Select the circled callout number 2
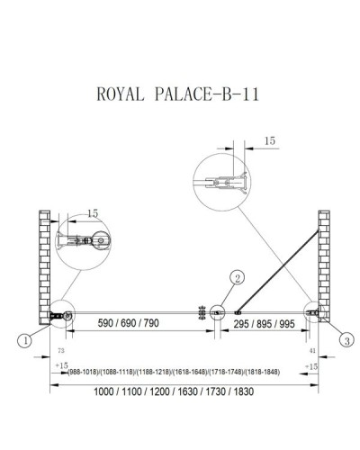[x=237, y=277]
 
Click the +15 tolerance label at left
[x=62, y=366]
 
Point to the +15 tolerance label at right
[x=311, y=366]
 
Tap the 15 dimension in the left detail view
[x=94, y=213]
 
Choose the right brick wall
[x=324, y=265]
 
